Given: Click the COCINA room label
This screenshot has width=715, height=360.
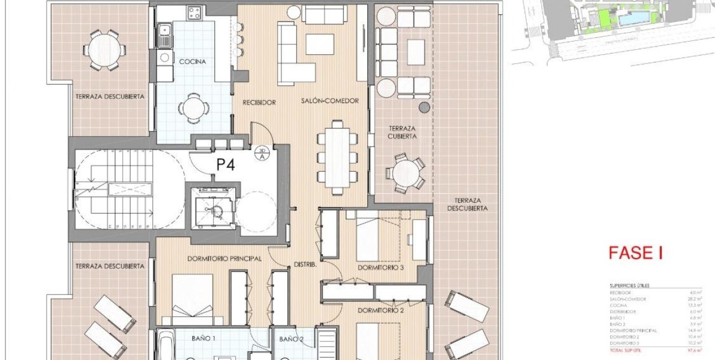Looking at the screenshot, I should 192,62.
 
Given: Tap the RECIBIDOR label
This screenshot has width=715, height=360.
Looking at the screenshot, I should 259,102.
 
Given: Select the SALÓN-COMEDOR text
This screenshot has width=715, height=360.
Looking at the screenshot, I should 330,101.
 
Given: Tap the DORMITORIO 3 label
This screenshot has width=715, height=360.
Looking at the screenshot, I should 380,268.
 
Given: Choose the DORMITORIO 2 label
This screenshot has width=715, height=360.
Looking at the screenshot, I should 380,310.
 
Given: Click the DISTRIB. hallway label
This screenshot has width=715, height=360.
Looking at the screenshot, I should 305,264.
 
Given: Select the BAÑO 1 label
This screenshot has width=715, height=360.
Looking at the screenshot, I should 203,338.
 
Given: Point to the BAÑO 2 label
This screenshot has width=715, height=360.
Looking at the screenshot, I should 291,338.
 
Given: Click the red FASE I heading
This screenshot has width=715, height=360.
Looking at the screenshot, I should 635,254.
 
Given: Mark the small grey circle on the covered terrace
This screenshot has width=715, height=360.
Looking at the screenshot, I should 424,107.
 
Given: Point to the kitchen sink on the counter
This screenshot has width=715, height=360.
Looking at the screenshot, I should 164,39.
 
